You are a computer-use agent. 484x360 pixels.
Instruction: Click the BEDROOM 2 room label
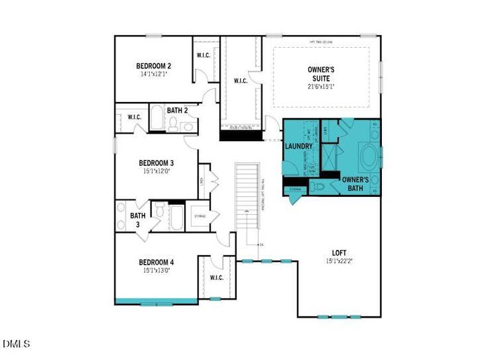point(153,66)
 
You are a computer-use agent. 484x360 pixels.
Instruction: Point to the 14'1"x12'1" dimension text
point(153,75)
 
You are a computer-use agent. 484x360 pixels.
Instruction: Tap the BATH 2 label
point(177,110)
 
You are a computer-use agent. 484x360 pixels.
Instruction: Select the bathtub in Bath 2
point(155,119)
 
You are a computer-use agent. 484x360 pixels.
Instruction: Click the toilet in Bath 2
point(173,124)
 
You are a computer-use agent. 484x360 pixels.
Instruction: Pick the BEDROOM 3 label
point(157,163)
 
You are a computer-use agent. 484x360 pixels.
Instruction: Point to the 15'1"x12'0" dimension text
point(157,171)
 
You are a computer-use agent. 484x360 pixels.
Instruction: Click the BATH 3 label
point(137,220)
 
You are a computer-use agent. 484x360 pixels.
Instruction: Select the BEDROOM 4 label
point(157,262)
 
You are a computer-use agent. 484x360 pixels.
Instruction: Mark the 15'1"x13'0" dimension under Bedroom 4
point(157,271)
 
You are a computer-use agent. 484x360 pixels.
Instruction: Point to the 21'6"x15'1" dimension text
point(321,86)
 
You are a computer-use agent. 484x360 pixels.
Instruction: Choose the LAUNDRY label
point(298,146)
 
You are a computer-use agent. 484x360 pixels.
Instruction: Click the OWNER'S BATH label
point(355,183)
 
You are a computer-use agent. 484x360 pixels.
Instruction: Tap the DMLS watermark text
point(16,344)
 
